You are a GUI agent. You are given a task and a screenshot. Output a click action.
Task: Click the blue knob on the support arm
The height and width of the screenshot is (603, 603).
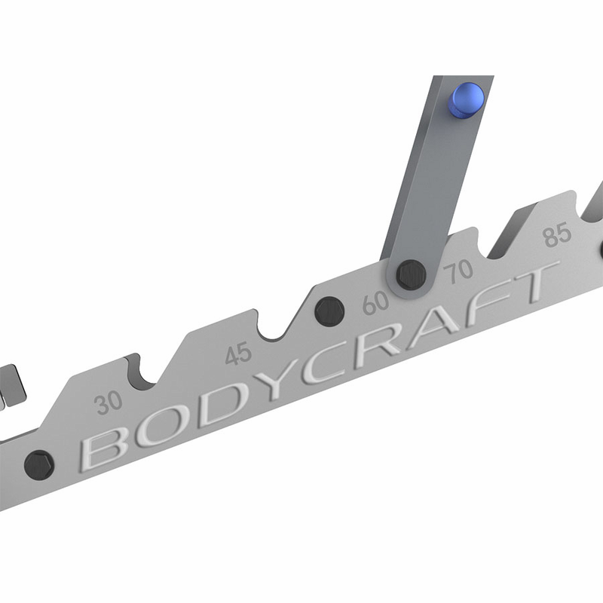coord(466,100)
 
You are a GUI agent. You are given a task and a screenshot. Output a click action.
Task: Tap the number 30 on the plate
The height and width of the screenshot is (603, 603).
coord(109,403)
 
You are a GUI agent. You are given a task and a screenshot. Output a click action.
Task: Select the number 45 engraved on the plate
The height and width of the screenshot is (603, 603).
coord(238,354)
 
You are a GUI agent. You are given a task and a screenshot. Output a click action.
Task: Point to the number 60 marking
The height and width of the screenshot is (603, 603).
coord(375,303)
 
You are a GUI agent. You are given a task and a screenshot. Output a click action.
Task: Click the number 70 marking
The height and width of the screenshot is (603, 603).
coord(458,271)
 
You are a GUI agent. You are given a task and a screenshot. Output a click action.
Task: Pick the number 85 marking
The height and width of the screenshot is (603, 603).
coord(557,234)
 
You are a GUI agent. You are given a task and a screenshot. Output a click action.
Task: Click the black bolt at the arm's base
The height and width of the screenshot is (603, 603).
coord(411,274)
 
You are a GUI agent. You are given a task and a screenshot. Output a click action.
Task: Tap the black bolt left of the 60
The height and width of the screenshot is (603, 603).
coord(329,311)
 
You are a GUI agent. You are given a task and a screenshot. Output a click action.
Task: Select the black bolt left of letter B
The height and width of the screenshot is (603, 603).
coord(39,465)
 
